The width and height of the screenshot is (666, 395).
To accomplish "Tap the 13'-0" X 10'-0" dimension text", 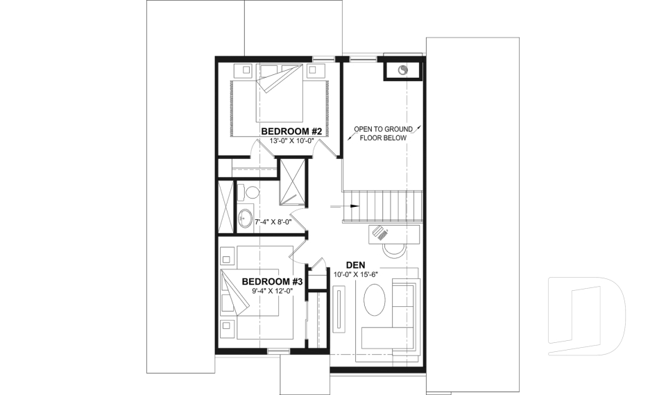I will click(x=292, y=141).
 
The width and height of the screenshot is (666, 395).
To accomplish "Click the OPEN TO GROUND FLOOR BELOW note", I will click(x=383, y=133).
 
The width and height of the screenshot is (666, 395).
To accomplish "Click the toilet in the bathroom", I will click(x=250, y=192).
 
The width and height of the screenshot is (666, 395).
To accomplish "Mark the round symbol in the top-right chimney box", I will click(x=403, y=69).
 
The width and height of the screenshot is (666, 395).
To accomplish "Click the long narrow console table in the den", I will click(x=341, y=310).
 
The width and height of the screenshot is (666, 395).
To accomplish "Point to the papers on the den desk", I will click(x=379, y=234).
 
